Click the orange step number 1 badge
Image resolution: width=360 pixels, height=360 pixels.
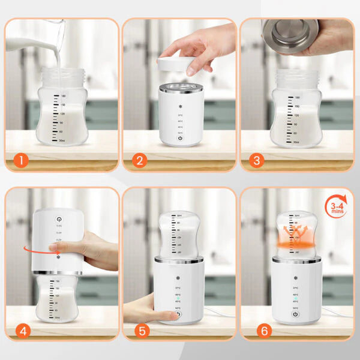coord(21,160)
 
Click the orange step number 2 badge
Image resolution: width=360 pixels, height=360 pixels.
coord(140,160)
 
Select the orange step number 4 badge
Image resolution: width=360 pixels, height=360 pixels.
coord(21,330)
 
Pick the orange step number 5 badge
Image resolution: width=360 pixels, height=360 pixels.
coord(140,330)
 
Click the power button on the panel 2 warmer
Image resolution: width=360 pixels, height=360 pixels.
coord(180,137)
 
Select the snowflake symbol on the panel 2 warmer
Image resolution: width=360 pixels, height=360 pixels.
coord(180,107)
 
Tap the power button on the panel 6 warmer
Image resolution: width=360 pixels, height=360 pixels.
coord(295,314)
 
